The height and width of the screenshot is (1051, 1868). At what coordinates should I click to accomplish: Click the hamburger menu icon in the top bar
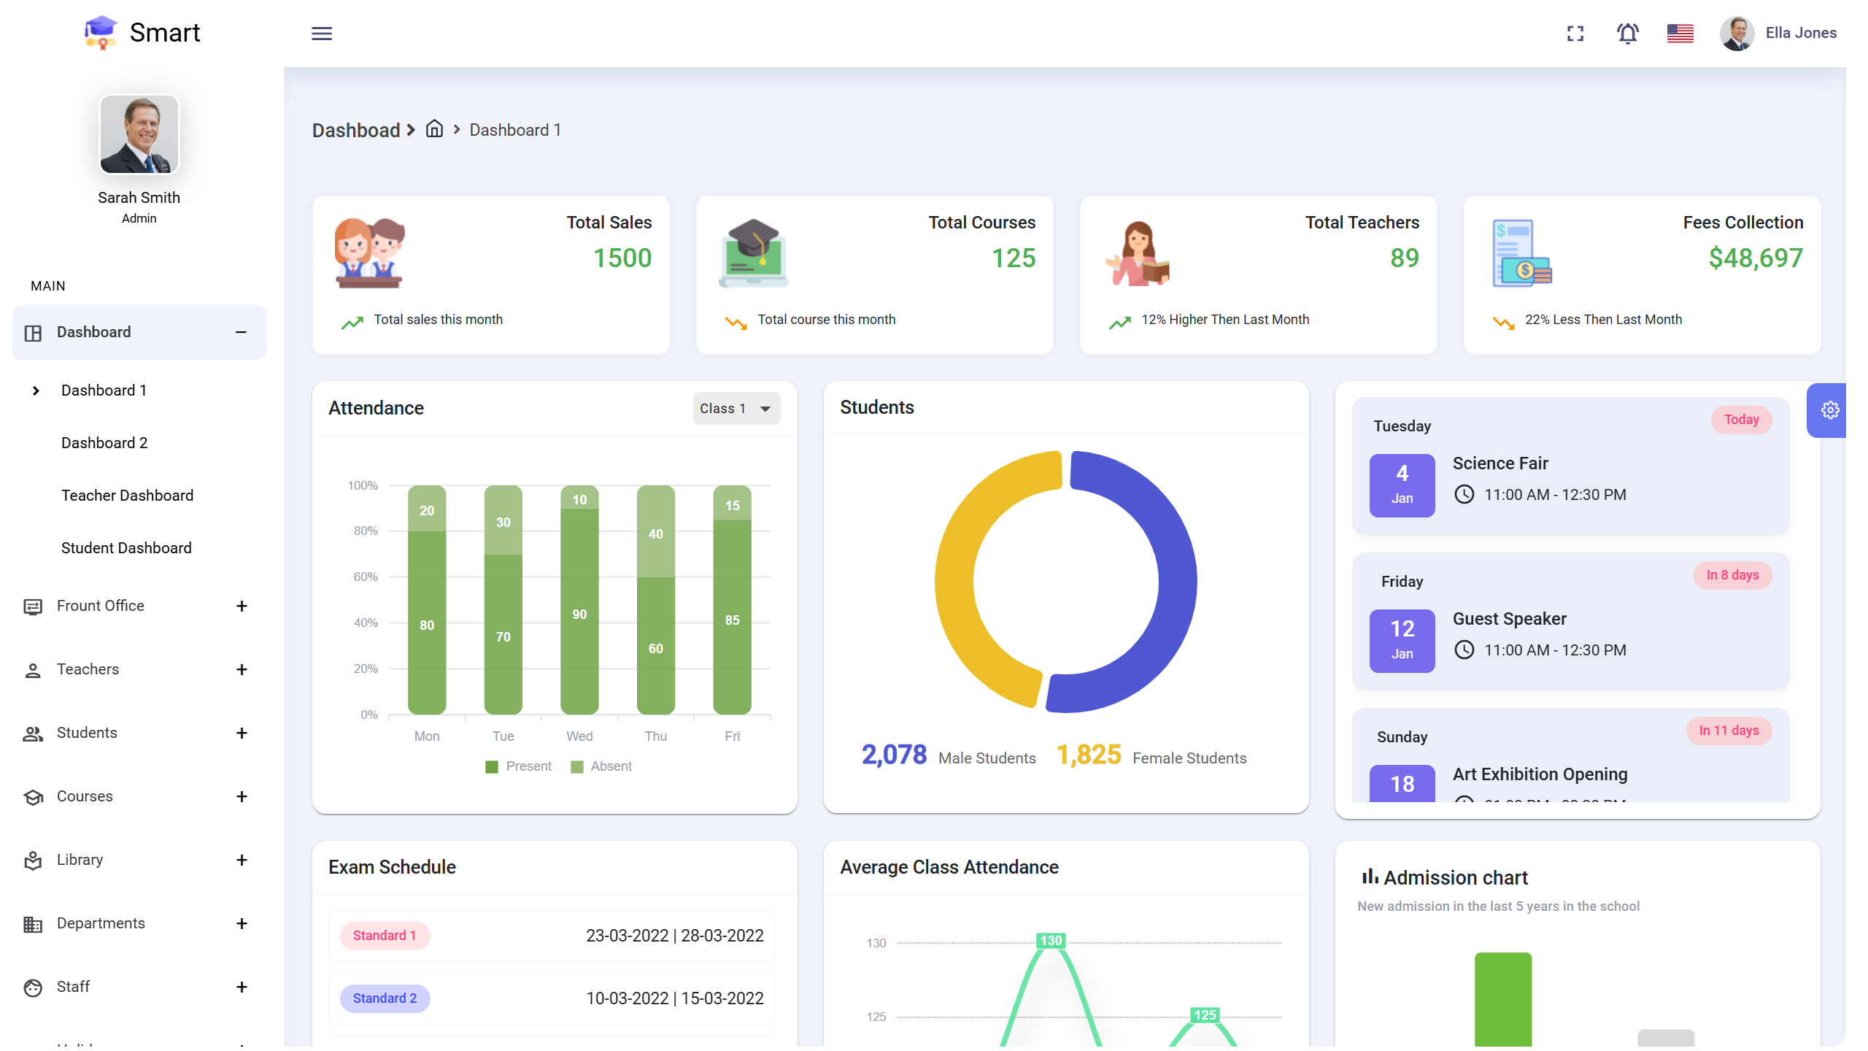tap(322, 34)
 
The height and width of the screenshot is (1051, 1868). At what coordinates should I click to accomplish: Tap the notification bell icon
tap(1627, 34)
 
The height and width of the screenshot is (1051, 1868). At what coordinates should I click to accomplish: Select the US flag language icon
tap(1680, 34)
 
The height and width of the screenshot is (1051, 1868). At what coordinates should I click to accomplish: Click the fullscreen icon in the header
tap(1575, 34)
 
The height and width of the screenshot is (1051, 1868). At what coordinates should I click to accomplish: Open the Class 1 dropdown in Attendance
tap(736, 409)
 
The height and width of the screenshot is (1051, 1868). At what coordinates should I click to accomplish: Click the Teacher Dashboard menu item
tap(128, 496)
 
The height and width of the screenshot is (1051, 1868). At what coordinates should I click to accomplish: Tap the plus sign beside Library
tap(242, 860)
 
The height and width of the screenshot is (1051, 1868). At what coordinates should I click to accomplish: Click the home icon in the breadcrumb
tap(435, 129)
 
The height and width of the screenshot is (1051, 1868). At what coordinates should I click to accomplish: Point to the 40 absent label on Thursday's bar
tap(655, 534)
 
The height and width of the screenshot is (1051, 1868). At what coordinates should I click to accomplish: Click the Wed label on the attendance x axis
tap(579, 736)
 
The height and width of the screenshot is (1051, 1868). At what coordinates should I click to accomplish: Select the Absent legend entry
tap(602, 766)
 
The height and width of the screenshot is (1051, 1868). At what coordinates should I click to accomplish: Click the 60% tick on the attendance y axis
tap(366, 577)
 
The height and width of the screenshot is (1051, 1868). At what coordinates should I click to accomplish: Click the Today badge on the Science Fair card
tap(1741, 420)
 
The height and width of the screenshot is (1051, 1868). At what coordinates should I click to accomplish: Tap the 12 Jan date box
tap(1402, 640)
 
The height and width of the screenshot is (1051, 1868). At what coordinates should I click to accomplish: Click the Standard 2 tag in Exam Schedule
tap(385, 998)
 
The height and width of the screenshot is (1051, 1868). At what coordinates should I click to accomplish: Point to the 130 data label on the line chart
tap(1051, 941)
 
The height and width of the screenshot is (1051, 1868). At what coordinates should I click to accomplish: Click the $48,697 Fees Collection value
tap(1756, 258)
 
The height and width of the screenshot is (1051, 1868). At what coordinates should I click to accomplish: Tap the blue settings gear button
tap(1829, 410)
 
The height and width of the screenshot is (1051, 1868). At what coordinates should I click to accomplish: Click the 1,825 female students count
tap(1089, 755)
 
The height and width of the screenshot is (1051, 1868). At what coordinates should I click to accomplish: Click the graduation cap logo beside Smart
tap(101, 33)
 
